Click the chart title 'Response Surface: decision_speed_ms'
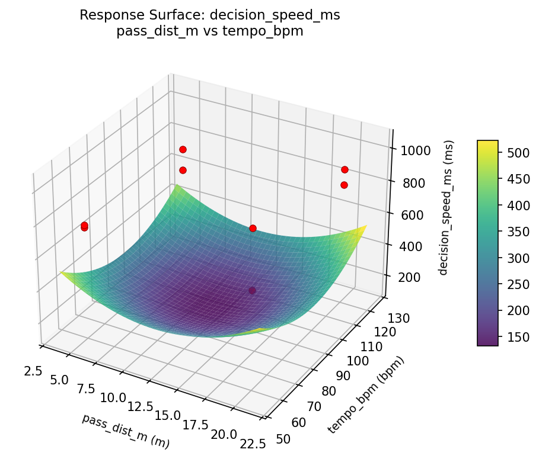pyautogui.click(x=210, y=15)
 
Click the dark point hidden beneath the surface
pyautogui.click(x=253, y=290)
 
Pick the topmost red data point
pyautogui.click(x=183, y=149)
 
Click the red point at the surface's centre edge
pyautogui.click(x=253, y=228)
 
